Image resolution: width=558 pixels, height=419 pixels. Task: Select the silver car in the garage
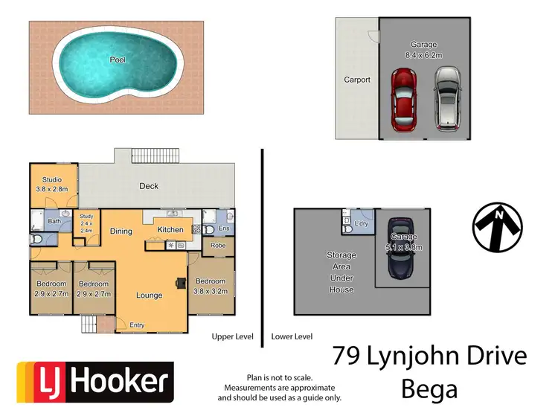tap(447, 98)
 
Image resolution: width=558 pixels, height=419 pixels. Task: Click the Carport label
tap(357, 80)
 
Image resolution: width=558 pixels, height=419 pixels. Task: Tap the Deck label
tap(149, 186)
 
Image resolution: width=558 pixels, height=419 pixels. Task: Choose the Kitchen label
tap(170, 230)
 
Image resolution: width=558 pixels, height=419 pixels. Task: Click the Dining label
tap(121, 231)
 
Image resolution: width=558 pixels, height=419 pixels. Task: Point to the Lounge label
tap(149, 295)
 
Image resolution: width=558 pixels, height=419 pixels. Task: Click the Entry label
tap(137, 324)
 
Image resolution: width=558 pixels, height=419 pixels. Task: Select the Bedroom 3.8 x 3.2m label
tap(211, 286)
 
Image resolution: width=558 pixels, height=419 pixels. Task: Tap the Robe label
tap(218, 245)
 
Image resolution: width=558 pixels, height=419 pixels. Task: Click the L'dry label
tap(362, 223)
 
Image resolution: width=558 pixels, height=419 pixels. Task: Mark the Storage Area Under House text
tap(341, 272)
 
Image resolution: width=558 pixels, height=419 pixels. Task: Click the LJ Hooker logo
tap(95, 382)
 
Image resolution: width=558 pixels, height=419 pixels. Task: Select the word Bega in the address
tap(430, 388)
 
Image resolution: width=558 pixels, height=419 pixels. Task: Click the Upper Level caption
tap(233, 336)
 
